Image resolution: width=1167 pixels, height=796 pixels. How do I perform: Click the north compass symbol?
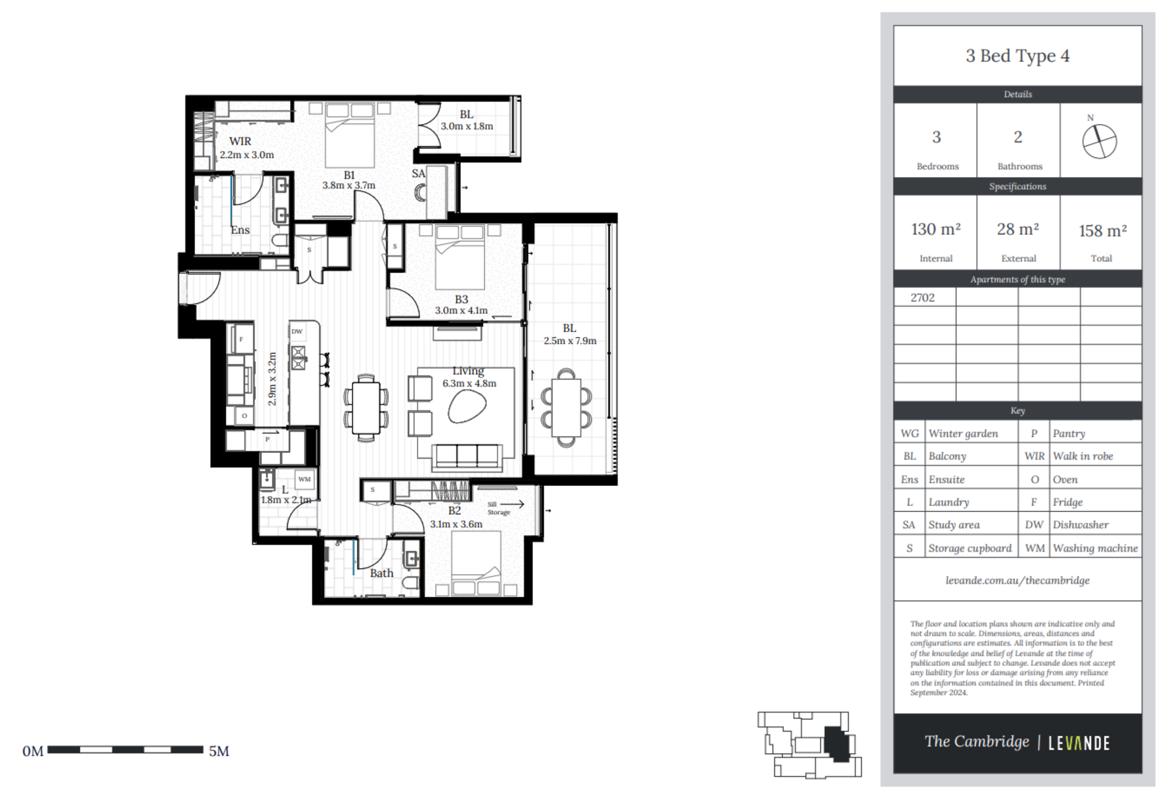pos(1099,142)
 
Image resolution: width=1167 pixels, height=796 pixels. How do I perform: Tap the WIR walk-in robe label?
pos(240,141)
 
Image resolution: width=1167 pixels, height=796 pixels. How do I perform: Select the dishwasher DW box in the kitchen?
pos(297,331)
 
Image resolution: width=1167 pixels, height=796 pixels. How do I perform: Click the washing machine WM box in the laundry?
pos(305,479)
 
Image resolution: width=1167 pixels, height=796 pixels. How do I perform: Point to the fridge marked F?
pos(241,339)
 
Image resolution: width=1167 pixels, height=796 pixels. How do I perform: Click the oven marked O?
pos(244,416)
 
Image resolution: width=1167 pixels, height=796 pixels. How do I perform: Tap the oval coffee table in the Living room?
pos(467,406)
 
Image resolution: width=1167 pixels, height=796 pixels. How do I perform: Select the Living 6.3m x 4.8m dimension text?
pos(469,384)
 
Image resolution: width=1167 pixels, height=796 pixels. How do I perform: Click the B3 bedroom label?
pos(461,299)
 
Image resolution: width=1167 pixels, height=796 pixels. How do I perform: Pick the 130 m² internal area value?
pos(935,229)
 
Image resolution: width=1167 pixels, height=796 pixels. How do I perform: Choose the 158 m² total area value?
pos(1102,230)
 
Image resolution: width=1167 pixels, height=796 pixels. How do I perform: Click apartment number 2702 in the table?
pos(922,297)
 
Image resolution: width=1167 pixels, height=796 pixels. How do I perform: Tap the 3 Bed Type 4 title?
pos(1017,56)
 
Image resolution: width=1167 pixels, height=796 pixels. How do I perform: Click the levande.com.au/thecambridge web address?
pos(1017,580)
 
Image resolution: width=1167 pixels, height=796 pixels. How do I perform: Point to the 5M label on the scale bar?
pos(219,751)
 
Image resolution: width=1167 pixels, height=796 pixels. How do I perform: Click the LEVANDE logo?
pos(1079,742)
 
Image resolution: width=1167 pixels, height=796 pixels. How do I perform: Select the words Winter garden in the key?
pos(963,434)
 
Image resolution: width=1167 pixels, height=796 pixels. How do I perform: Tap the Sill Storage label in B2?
pos(498,508)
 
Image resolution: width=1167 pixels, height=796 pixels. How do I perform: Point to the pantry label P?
pos(267,439)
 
